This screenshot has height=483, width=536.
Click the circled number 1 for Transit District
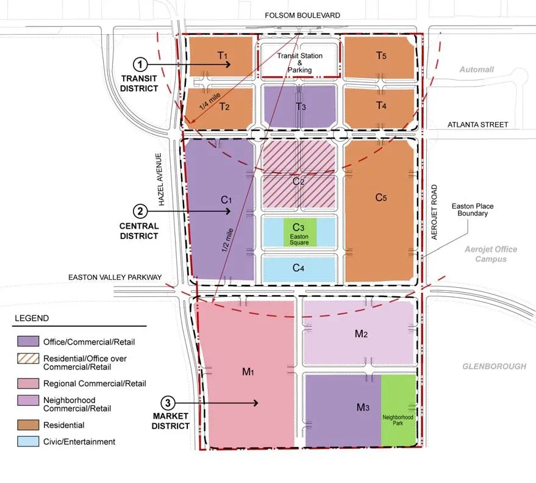tap(141, 63)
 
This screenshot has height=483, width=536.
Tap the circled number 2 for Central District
tap(141, 212)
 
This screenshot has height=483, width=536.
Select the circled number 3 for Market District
tap(168, 403)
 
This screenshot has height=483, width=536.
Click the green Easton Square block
tap(300, 233)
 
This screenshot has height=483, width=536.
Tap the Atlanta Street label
tap(477, 124)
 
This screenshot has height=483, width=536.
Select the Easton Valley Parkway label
tap(115, 277)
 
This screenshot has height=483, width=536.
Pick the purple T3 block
tap(299, 106)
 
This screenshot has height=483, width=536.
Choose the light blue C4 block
tap(299, 268)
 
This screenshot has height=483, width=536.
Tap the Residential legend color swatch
tap(27, 425)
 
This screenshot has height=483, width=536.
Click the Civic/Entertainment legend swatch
tap(27, 442)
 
